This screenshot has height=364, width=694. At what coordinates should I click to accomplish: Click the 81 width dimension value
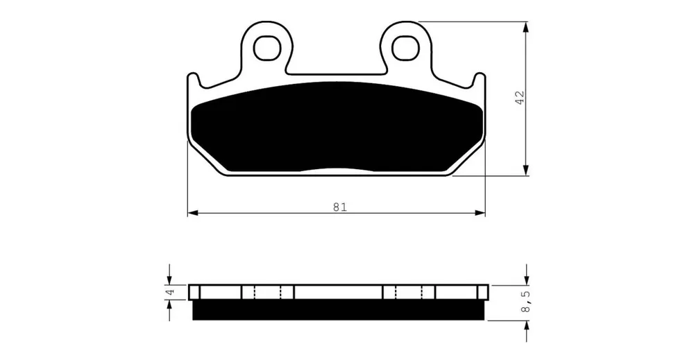click(339, 207)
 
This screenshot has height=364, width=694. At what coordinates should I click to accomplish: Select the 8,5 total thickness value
click(525, 302)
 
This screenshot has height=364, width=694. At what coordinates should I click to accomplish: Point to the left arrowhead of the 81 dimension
click(192, 213)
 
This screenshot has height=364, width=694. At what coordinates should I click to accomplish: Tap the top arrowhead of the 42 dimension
click(526, 26)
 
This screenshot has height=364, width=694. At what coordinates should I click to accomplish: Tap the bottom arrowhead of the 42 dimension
click(526, 171)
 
